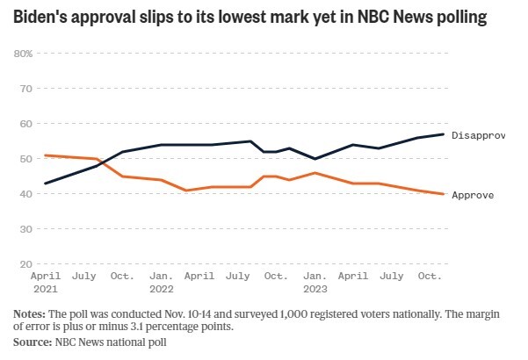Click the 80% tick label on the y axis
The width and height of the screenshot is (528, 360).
[24, 54]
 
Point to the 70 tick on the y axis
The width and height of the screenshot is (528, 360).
[25, 89]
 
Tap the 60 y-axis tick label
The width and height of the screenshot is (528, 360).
[25, 124]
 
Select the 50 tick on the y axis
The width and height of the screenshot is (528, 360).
[25, 159]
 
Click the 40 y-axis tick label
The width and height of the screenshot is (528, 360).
[25, 194]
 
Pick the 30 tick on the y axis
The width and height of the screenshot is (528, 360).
[25, 229]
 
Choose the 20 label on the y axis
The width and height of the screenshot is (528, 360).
[25, 264]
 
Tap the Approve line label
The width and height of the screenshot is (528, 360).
[472, 195]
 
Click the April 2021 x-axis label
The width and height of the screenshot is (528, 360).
[45, 281]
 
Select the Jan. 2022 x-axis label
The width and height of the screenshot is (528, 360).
[161, 281]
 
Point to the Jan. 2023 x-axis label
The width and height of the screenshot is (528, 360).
[315, 281]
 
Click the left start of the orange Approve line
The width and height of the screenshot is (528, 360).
[45, 155]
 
